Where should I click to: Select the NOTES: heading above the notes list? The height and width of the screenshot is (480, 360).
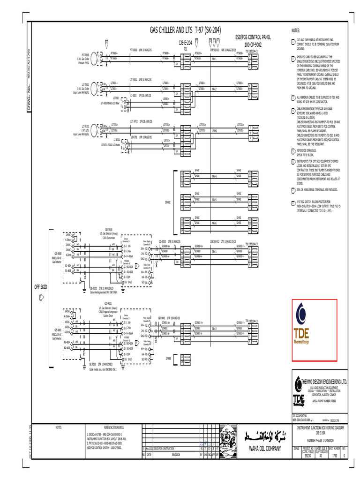[x=295, y=30]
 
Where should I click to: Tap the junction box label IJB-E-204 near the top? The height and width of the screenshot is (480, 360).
[x=186, y=43]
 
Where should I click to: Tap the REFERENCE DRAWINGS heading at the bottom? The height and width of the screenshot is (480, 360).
[x=112, y=427]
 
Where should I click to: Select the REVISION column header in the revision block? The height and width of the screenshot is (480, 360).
[x=176, y=454]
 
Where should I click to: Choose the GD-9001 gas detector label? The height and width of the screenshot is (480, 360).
[x=108, y=303]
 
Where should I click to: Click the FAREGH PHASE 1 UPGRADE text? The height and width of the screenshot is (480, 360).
[x=321, y=442]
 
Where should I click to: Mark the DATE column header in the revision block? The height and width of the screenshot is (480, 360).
[x=149, y=454]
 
